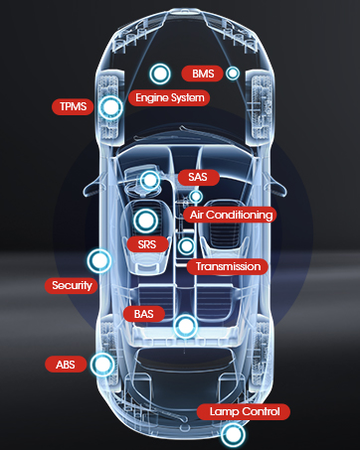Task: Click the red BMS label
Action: click(202, 74)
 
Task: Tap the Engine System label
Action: click(169, 98)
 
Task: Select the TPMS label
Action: click(73, 106)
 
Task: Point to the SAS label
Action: click(198, 177)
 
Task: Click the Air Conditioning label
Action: click(231, 215)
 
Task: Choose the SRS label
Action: click(147, 244)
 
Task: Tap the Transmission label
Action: click(228, 266)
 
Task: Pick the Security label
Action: click(72, 285)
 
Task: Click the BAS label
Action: click(144, 314)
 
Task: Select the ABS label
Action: click(66, 365)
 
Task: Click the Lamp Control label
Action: click(244, 412)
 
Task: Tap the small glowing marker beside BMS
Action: click(233, 74)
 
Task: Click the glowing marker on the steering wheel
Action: click(150, 181)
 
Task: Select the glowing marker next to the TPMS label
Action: click(110, 107)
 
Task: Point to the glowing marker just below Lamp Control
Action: click(234, 434)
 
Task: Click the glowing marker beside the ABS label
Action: click(102, 365)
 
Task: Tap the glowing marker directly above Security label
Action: click(99, 261)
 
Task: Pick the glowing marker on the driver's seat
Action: click(145, 221)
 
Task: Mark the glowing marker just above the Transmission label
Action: click(186, 246)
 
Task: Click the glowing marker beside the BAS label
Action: click(185, 327)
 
